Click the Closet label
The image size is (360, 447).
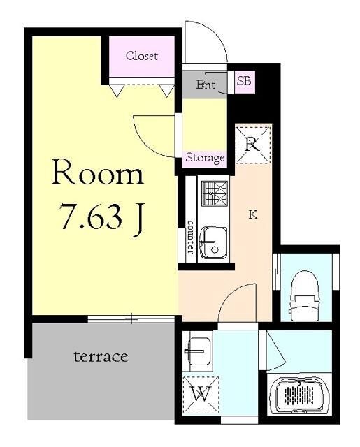click(x=142, y=56)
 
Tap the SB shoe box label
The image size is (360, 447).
click(x=244, y=81)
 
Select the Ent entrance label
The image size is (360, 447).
click(x=206, y=84)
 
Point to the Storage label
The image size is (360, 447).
click(x=205, y=157)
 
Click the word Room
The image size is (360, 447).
click(x=98, y=172)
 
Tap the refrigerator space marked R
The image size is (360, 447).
click(x=253, y=145)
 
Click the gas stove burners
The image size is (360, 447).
click(x=215, y=193)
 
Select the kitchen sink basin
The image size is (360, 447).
click(x=213, y=242)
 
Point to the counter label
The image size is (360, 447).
click(x=190, y=237)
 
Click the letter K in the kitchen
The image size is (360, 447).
click(x=252, y=214)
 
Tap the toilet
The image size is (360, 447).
click(x=304, y=295)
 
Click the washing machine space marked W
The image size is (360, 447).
click(x=201, y=394)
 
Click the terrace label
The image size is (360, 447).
click(x=101, y=357)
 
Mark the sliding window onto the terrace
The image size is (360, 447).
click(x=131, y=319)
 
